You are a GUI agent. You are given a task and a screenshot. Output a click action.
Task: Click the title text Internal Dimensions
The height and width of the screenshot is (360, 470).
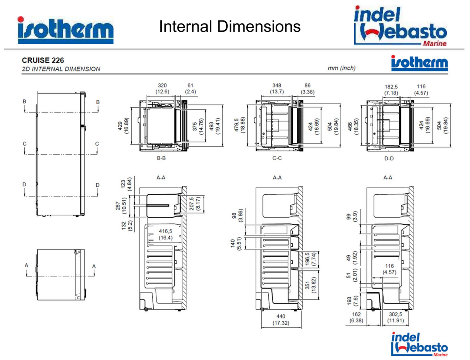[230, 27]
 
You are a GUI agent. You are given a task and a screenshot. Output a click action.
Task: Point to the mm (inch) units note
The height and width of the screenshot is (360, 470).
[341, 68]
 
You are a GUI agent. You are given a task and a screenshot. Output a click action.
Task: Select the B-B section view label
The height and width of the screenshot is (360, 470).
[162, 158]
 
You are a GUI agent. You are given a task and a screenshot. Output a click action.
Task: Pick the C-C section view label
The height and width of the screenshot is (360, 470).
[276, 158]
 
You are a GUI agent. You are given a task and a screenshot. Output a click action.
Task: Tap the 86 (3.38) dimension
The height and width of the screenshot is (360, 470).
[307, 88]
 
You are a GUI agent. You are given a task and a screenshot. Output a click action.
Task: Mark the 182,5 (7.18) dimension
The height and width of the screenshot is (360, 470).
[391, 90]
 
